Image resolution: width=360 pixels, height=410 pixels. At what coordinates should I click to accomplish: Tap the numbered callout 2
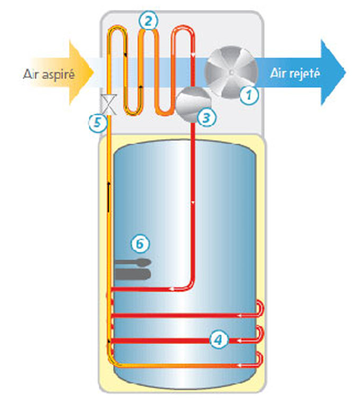point(148,21)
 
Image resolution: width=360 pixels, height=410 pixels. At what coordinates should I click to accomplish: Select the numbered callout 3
point(206,117)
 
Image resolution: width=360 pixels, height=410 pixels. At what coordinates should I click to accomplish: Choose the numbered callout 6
point(140,244)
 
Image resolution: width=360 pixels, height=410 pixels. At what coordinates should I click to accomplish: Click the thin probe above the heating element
point(133,262)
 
